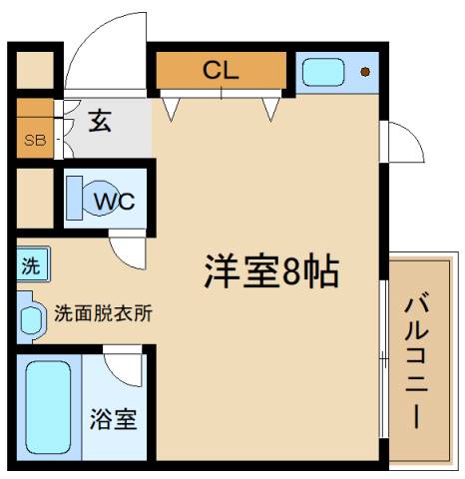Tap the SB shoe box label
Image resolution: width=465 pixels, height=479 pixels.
(35, 140)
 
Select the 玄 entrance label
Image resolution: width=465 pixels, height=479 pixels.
(100, 122)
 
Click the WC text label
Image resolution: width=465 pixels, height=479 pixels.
(113, 201)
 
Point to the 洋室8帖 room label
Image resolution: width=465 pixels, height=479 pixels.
(271, 271)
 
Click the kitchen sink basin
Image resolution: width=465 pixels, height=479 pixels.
(322, 72)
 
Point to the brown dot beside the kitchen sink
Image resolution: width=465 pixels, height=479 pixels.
(365, 72)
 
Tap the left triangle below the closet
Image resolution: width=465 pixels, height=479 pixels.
(171, 108)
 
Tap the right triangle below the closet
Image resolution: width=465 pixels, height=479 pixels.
(269, 108)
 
